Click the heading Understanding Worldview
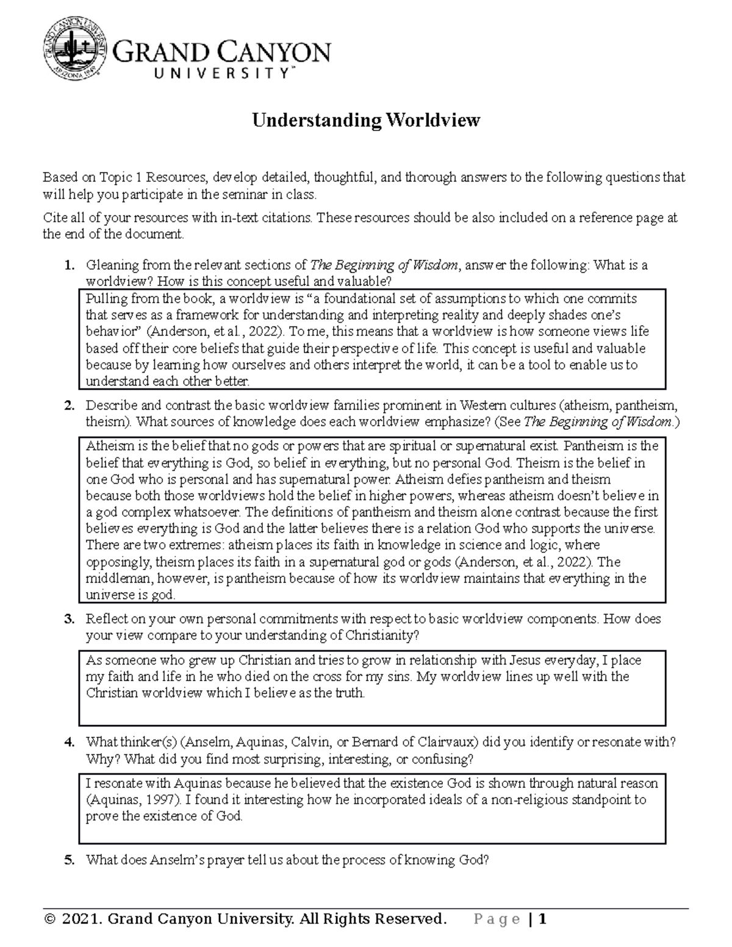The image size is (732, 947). pos(367,120)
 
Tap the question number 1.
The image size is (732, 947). pos(70,265)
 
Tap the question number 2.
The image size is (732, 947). pos(70,406)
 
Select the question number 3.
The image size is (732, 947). pos(70,619)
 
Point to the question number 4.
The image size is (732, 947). pos(70,743)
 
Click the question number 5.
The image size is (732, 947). pos(70,860)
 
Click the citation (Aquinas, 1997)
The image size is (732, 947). pos(133,799)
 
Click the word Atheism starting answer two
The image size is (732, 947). pos(107,446)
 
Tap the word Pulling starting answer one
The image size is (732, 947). pos(105,299)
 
